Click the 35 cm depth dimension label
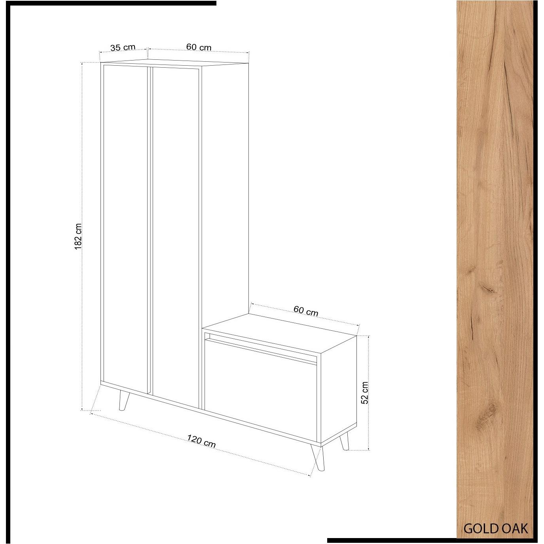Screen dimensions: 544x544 click(x=123, y=48)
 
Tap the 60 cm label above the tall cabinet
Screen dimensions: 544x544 click(x=199, y=47)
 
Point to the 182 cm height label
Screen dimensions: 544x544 click(x=78, y=237)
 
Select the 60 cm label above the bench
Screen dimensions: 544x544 click(x=305, y=311)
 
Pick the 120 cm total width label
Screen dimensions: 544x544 click(x=201, y=441)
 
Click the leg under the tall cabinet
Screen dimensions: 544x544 click(x=123, y=400)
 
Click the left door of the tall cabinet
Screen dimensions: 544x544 click(x=125, y=226)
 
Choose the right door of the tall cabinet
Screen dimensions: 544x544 click(x=174, y=233)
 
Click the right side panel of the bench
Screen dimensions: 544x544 click(x=338, y=388)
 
